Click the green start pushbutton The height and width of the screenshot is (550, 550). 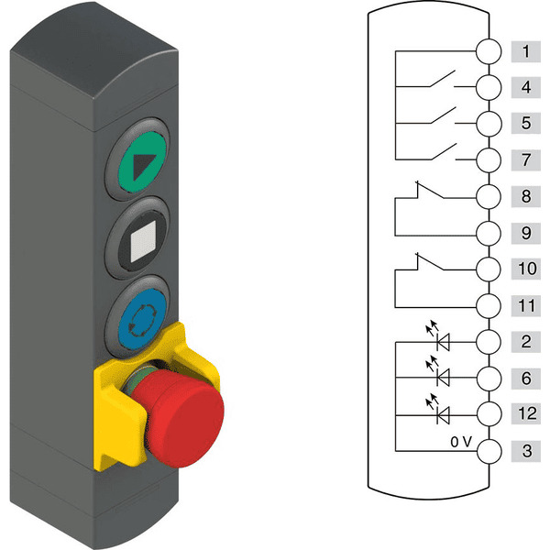[142, 161]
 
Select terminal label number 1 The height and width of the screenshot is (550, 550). [525, 52]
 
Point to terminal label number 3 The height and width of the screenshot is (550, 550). [525, 451]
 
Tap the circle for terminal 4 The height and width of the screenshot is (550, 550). [489, 87]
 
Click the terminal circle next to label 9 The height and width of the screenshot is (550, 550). [489, 233]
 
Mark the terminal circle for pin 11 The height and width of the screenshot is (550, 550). [489, 306]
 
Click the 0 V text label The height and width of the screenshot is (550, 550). [461, 442]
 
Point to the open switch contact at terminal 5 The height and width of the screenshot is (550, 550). [444, 115]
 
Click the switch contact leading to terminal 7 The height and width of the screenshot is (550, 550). [444, 151]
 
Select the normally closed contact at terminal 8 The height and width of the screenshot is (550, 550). [429, 190]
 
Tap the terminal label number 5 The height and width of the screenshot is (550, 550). [525, 123]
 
